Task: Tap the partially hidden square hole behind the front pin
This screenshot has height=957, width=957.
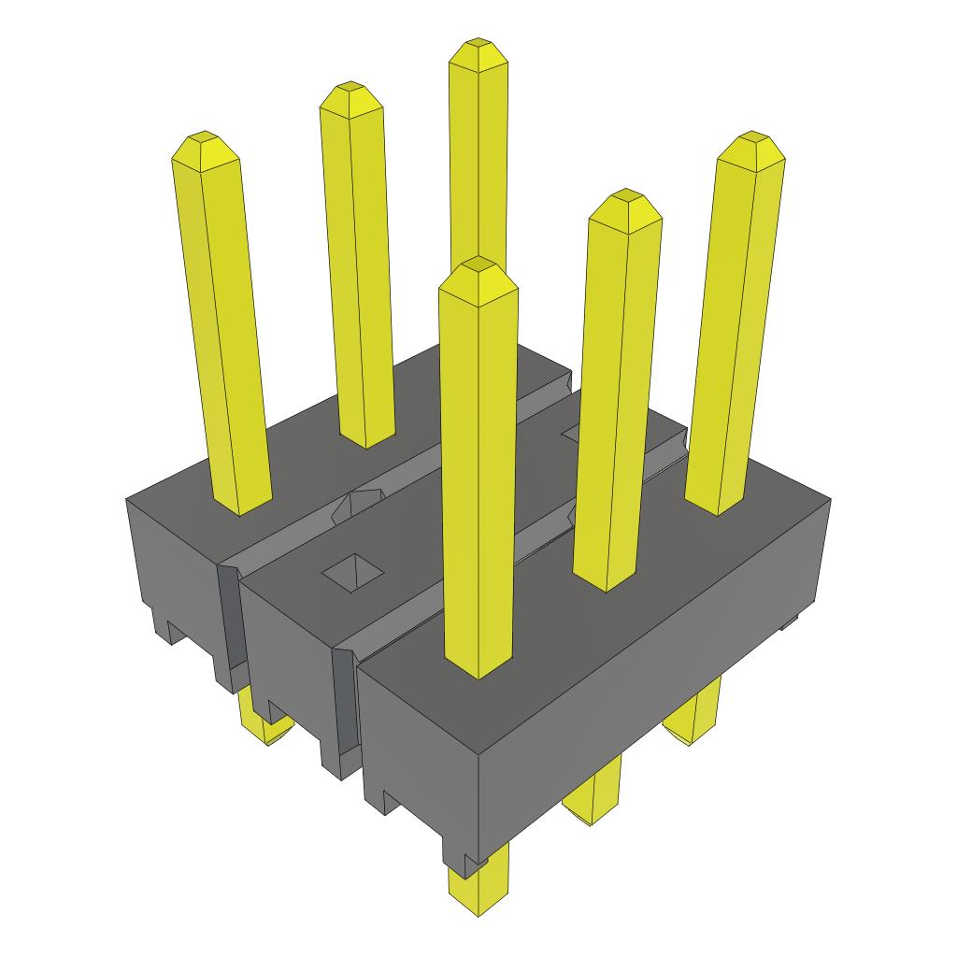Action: tap(573, 432)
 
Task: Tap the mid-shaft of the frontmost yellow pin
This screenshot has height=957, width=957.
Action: tap(478, 467)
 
